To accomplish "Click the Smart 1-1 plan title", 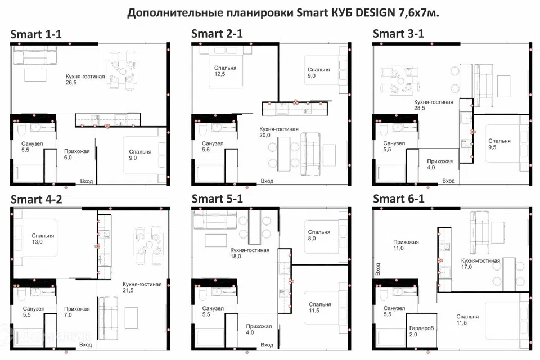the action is [x=36, y=34].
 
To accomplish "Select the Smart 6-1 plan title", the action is [x=398, y=199].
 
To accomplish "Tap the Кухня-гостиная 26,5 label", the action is [x=85, y=79].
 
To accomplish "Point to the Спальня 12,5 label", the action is [x=225, y=71].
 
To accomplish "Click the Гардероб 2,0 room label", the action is [x=421, y=331].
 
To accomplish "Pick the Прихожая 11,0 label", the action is [x=406, y=245].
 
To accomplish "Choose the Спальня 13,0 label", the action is [x=43, y=238].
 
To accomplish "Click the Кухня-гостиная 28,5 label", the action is [x=433, y=105].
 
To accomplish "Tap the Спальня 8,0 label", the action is [x=319, y=235].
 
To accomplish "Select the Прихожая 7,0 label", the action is [x=77, y=312].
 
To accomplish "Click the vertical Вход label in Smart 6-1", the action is [x=378, y=269].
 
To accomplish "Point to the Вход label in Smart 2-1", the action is [x=267, y=181].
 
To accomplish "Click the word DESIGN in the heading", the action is [x=375, y=13].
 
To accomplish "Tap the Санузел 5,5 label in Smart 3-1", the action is [x=394, y=146].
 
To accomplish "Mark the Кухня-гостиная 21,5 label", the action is [x=142, y=287].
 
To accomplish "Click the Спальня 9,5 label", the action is [x=499, y=144].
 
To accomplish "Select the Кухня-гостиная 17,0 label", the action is [x=480, y=264].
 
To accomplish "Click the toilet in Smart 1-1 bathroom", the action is [x=21, y=131].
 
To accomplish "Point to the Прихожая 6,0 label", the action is [x=77, y=154].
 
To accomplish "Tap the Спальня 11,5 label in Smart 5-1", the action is [x=320, y=307].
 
